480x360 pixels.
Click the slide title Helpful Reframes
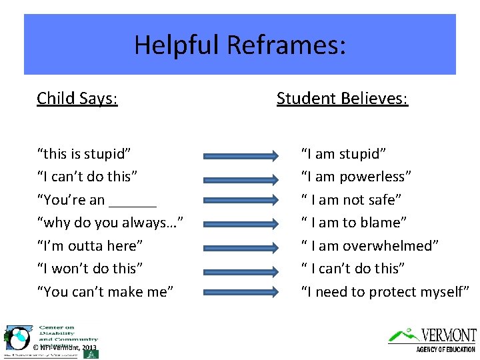(240, 45)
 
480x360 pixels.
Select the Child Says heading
(77, 99)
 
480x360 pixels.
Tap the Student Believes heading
(342, 99)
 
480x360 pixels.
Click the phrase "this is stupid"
(83, 154)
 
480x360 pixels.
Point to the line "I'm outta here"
(90, 246)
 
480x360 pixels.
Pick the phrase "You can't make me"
(105, 291)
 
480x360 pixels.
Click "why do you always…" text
(110, 223)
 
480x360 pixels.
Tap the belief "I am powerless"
(356, 177)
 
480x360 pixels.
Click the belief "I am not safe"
(351, 200)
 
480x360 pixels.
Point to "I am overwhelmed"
(370, 246)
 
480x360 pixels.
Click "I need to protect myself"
(385, 291)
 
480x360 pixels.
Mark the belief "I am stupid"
(343, 154)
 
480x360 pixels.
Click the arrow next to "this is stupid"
(241, 156)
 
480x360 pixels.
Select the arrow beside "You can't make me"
(241, 292)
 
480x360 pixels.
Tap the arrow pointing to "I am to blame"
(241, 224)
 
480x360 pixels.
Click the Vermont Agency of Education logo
(433, 339)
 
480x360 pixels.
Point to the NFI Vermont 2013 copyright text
(65, 347)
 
